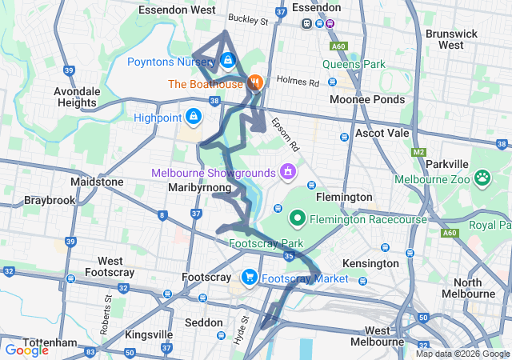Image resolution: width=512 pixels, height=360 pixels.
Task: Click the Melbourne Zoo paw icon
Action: click(x=482, y=177)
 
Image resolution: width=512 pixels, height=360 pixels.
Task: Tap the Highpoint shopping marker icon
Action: click(x=193, y=118)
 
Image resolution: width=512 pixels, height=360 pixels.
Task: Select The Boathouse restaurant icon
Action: click(x=255, y=82)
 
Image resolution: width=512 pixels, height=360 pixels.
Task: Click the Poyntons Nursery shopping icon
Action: click(x=228, y=60)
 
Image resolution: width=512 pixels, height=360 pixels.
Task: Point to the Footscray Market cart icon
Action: click(x=250, y=278)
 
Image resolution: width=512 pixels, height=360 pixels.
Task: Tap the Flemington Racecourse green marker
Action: click(x=297, y=218)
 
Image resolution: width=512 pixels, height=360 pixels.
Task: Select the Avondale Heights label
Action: click(x=76, y=97)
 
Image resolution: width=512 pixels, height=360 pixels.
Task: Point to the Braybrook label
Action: click(x=48, y=199)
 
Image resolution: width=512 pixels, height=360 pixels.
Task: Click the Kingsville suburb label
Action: click(x=149, y=334)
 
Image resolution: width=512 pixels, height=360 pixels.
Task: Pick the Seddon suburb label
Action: click(x=204, y=322)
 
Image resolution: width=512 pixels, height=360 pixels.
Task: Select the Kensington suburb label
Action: click(x=370, y=263)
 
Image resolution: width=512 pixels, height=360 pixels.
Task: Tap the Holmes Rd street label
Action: click(x=297, y=82)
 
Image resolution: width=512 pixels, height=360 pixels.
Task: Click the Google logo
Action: click(x=27, y=350)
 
